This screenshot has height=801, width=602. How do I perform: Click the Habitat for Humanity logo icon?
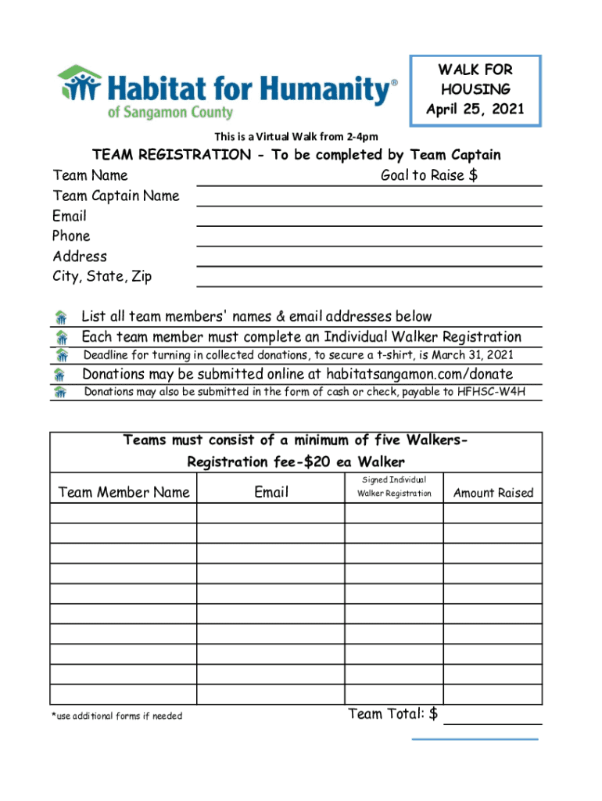coord(79,84)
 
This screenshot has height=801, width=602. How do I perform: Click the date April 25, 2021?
coord(475,109)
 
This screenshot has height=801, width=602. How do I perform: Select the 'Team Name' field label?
coord(90,175)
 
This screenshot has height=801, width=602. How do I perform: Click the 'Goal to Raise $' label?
coord(428,175)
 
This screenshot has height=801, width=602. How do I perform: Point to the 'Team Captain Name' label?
coord(116,196)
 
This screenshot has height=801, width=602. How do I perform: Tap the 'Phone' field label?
coord(71,235)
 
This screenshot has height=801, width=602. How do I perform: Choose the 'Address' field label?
coord(80,256)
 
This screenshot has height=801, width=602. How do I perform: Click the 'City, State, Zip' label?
coord(102,276)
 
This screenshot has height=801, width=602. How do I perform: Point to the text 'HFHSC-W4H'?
coord(496,391)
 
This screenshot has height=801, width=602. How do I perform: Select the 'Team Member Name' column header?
coord(124,492)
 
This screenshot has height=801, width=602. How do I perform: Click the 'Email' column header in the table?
coord(271,492)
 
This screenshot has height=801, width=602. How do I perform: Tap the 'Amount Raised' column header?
coord(493,493)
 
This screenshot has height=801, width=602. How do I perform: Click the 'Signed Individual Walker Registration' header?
coord(394,486)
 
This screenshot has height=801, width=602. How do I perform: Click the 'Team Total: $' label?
coord(392,713)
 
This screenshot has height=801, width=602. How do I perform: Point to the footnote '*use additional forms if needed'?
coord(116,716)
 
